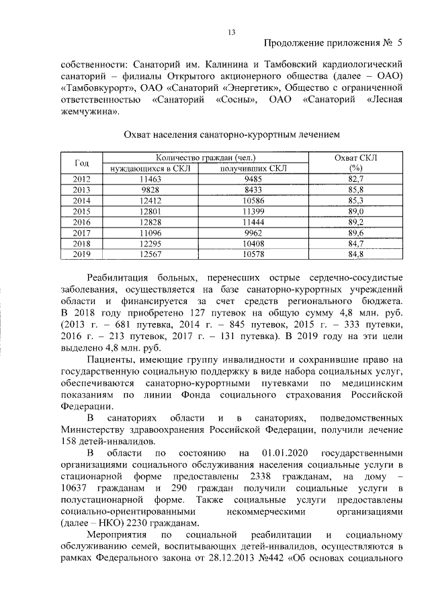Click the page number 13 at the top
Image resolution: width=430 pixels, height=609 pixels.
pos(231,32)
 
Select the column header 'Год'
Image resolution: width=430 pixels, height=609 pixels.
pos(82,163)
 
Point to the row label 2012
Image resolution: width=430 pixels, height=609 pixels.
pos(82,179)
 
